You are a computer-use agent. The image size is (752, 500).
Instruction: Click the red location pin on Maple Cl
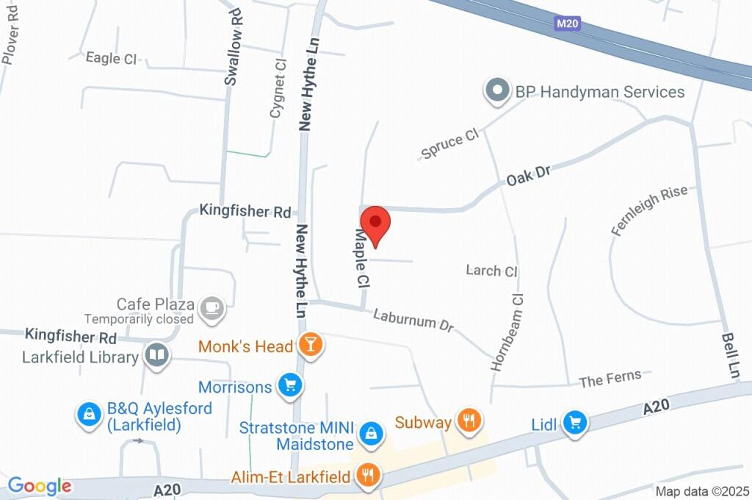tap(376, 223)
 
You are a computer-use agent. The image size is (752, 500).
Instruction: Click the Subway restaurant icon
tap(468, 421)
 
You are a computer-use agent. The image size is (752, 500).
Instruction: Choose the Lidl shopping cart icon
tap(574, 423)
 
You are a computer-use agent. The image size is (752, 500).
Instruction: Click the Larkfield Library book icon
tap(156, 357)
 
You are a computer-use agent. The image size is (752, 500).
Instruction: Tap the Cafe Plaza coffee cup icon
tap(212, 307)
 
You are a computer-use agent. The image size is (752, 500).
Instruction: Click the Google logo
tap(40, 486)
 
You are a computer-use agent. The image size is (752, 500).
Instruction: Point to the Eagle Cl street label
tap(112, 58)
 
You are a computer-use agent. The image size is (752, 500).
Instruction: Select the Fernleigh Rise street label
tap(650, 210)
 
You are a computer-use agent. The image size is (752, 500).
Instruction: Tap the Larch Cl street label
tap(492, 271)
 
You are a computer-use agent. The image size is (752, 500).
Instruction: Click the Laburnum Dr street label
tap(413, 320)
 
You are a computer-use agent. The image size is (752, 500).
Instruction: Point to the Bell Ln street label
tap(730, 354)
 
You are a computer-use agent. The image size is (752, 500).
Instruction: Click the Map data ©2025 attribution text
tap(701, 491)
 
